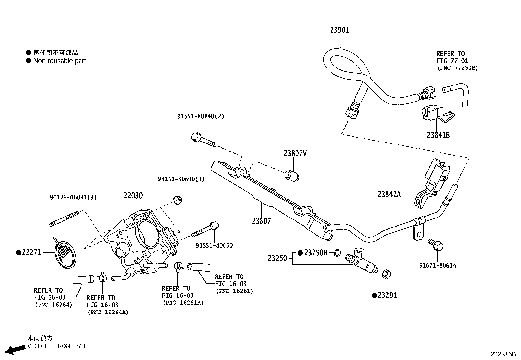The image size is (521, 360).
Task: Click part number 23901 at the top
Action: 339,30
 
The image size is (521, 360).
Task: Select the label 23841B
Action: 438,135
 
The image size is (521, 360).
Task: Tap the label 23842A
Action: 389,194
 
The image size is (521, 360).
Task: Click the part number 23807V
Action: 295,153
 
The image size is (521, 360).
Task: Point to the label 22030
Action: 133,196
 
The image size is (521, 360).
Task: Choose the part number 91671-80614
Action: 438,265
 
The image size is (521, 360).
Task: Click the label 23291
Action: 387,295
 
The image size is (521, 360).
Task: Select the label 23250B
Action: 315,253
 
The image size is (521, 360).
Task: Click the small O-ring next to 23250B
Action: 337,253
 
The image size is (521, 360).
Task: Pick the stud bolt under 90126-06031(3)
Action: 64,219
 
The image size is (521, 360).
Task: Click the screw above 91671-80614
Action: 437,244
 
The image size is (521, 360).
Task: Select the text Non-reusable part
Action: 60,61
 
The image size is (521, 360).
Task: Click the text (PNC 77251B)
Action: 458,68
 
